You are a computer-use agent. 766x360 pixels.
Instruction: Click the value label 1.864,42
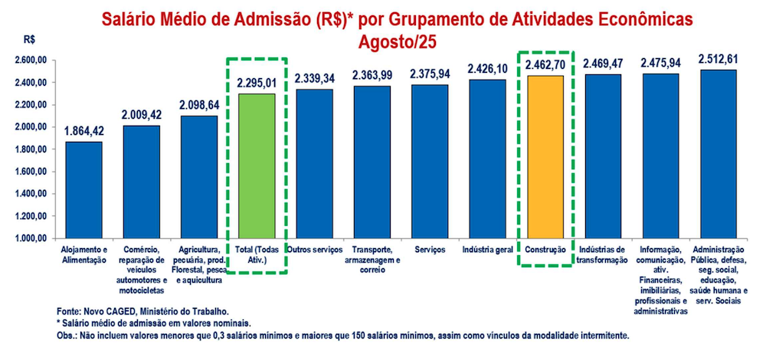pos(83,131)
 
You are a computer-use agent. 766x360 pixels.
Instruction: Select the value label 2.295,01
pos(257,83)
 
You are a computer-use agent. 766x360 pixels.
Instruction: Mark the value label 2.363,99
pos(372,75)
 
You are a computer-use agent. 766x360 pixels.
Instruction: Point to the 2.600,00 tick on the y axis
pos(31,60)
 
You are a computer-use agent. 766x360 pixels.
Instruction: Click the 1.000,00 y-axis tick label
pos(31,239)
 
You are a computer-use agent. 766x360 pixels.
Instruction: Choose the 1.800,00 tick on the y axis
pos(31,149)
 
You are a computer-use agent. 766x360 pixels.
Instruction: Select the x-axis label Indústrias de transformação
pos(603,255)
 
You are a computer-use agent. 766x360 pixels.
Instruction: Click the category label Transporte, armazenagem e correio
pos(372,260)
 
